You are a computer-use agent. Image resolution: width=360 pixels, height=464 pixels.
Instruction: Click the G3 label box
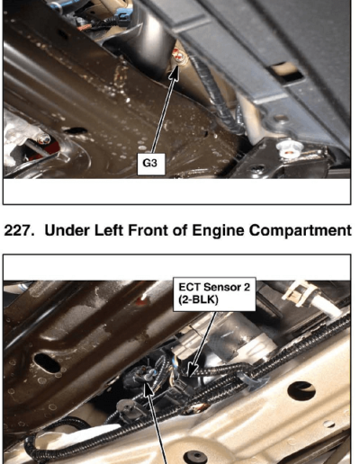[x=151, y=164]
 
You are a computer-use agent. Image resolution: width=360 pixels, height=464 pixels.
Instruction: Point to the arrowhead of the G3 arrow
[x=175, y=73]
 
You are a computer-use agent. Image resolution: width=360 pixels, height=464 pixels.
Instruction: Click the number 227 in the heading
[x=18, y=231]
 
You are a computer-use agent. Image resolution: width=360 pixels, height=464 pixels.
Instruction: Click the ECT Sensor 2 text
[x=214, y=287]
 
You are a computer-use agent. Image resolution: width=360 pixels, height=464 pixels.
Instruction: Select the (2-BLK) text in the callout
[x=198, y=299]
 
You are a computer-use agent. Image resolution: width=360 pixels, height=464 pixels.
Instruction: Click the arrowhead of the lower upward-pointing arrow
[x=149, y=388]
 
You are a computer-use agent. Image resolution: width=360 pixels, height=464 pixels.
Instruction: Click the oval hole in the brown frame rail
[x=47, y=362]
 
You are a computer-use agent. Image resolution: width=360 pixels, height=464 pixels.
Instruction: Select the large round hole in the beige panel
[x=301, y=391]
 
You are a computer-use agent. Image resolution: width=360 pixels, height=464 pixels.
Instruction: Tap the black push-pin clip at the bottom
[x=197, y=458]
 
